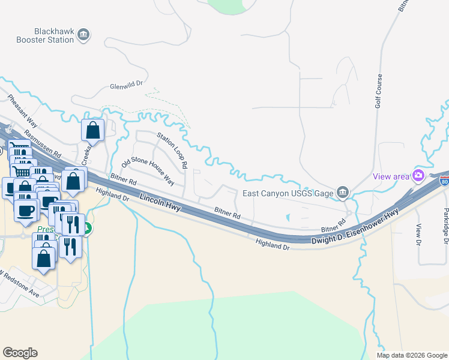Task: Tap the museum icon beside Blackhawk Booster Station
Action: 84,34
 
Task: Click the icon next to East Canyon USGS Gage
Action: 342,193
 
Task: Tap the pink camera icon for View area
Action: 418,176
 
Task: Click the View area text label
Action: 390,176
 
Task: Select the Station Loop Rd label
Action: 172,151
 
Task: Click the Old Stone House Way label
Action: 148,172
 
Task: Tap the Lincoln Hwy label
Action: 160,202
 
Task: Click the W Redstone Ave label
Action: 20,285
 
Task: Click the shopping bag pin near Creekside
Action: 93,130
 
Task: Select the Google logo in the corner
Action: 20,353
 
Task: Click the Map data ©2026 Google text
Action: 412,355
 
